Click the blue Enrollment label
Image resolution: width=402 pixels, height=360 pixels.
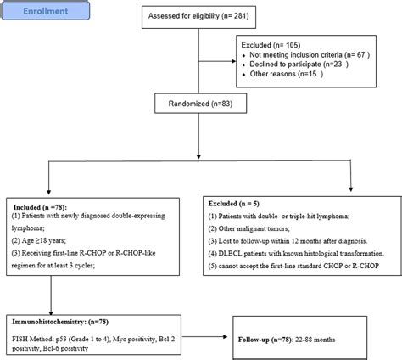tap(41, 14)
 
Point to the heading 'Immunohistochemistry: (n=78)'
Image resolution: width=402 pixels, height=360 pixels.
tap(59, 310)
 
